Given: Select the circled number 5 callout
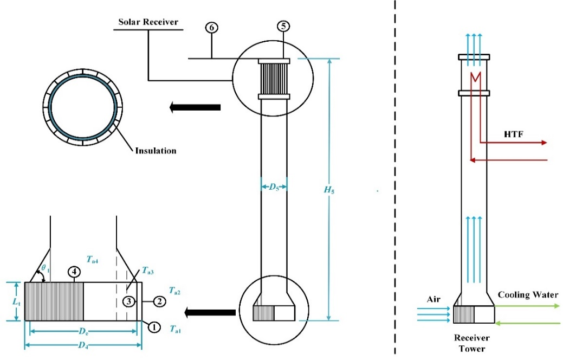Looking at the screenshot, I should pyautogui.click(x=283, y=26).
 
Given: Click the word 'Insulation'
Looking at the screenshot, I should pyautogui.click(x=156, y=151).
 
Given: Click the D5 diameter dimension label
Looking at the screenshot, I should pyautogui.click(x=273, y=188).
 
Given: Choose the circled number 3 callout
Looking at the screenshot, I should pyautogui.click(x=128, y=301).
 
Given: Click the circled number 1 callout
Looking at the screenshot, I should pyautogui.click(x=154, y=327).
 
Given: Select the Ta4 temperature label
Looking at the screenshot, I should pyautogui.click(x=93, y=261).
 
